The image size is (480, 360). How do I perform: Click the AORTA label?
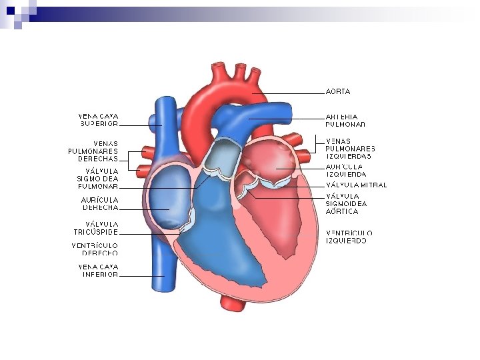pos(338,91)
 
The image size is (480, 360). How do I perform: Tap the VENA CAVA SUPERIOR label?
pos(99,119)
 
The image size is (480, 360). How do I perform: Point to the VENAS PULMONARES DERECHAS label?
pos(93,151)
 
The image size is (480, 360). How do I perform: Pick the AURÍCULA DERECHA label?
pos(100,203)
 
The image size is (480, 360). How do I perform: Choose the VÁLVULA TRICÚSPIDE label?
pos(97,228)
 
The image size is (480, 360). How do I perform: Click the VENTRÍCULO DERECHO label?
pos(95,249)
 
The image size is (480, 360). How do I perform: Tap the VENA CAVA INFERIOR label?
pos(99,270)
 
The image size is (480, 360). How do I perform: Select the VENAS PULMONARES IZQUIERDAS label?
pos(350,148)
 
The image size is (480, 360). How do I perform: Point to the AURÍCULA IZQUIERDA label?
pos(345,170)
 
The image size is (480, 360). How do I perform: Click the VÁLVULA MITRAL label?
pos(356,185)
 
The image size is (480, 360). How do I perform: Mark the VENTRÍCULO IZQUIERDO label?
pos(349,237)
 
